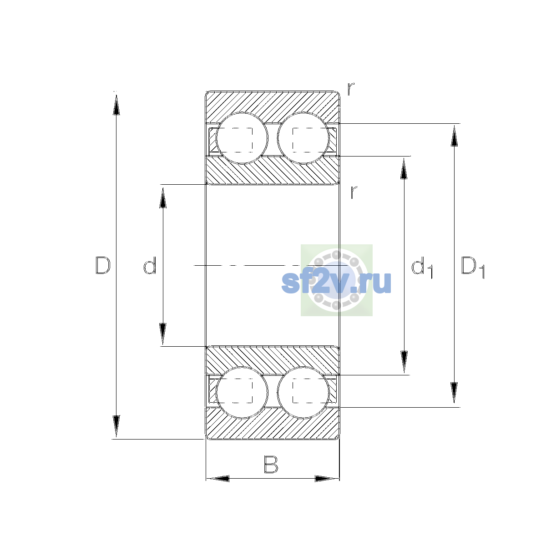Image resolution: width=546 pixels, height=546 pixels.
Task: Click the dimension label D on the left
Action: [102, 265]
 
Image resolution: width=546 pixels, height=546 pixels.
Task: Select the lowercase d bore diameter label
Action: [150, 265]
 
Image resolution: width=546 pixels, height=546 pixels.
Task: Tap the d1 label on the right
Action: [422, 267]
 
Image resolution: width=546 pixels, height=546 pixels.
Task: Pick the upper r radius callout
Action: [351, 89]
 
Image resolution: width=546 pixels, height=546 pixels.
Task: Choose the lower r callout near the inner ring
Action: [354, 192]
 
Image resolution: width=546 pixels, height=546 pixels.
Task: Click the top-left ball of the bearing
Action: [242, 138]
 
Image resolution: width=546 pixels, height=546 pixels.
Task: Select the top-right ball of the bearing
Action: [303, 138]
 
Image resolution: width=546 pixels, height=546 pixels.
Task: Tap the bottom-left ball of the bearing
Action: [242, 392]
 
